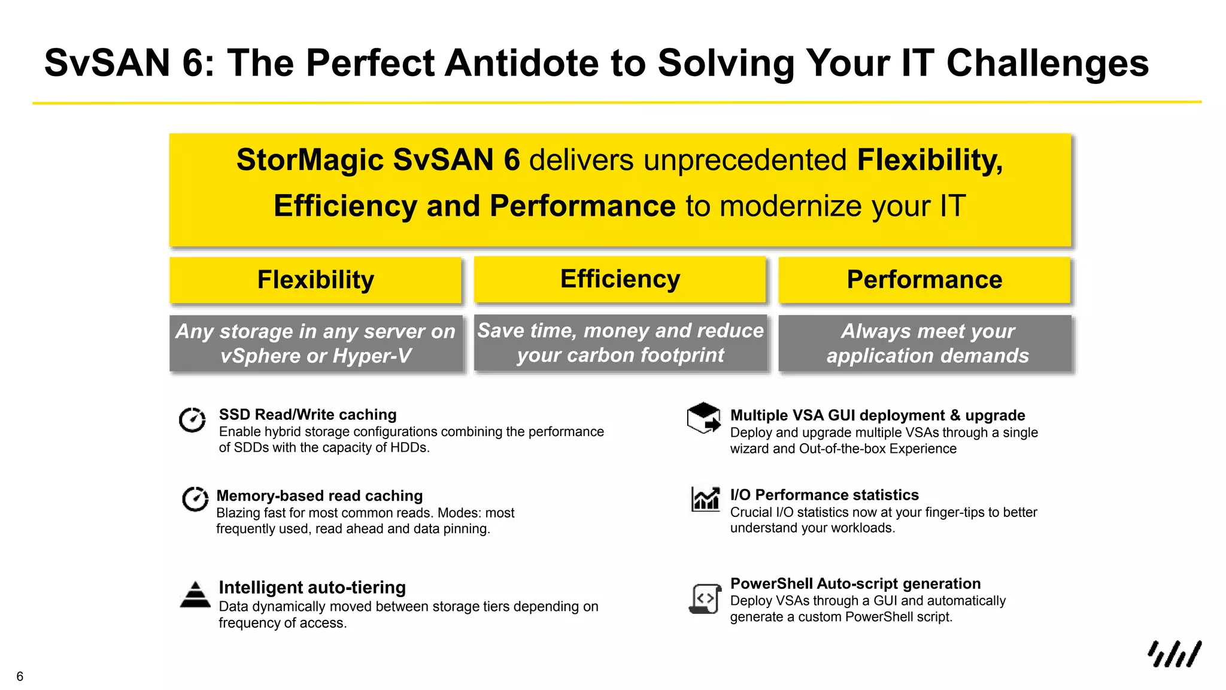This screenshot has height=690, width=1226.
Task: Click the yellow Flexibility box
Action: pyautogui.click(x=315, y=280)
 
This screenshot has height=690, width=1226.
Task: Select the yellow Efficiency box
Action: pyautogui.click(x=620, y=279)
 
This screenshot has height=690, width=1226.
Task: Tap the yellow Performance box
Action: pyautogui.click(x=924, y=280)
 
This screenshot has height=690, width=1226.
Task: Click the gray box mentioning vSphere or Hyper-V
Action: pyautogui.click(x=315, y=344)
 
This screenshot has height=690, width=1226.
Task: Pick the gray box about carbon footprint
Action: pyautogui.click(x=620, y=343)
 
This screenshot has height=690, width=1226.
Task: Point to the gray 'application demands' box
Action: pyautogui.click(x=927, y=344)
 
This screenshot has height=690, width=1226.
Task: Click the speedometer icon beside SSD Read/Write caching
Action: pyautogui.click(x=193, y=420)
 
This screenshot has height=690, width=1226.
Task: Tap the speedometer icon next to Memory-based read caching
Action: pyautogui.click(x=195, y=499)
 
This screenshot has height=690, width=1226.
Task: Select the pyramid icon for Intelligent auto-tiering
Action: pyautogui.click(x=195, y=595)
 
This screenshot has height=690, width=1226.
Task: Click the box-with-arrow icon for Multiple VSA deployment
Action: pyautogui.click(x=703, y=417)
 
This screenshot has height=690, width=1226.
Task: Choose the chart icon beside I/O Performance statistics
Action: pyautogui.click(x=705, y=498)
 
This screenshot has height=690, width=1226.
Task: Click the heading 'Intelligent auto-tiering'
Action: pyautogui.click(x=312, y=588)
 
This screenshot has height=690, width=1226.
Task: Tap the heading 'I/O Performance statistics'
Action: pyautogui.click(x=824, y=495)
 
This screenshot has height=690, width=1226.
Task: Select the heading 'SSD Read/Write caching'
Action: pyautogui.click(x=308, y=414)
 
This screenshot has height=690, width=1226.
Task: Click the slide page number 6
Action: pyautogui.click(x=20, y=677)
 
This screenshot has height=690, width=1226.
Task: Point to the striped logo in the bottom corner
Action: pyautogui.click(x=1175, y=654)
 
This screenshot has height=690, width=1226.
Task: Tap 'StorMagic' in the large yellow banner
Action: pyautogui.click(x=310, y=160)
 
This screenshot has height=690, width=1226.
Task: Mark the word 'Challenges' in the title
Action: pyautogui.click(x=1047, y=63)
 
